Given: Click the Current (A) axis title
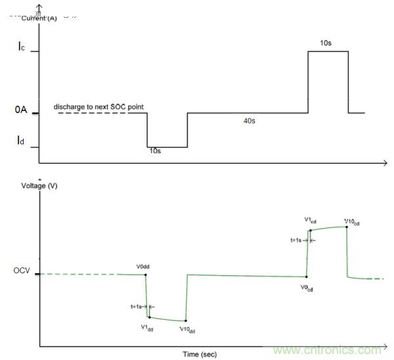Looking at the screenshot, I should (39, 18).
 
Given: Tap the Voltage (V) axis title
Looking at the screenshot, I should (39, 186).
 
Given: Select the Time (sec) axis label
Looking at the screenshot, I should (200, 354).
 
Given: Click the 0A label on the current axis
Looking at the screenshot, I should (21, 112).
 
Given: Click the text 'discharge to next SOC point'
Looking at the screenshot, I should (99, 106).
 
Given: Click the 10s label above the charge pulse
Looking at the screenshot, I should (326, 43).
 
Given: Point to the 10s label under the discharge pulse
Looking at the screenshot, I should (155, 151).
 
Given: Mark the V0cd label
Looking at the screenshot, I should (307, 287).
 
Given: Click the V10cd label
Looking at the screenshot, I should (353, 221).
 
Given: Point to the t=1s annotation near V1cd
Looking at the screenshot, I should (298, 240).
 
